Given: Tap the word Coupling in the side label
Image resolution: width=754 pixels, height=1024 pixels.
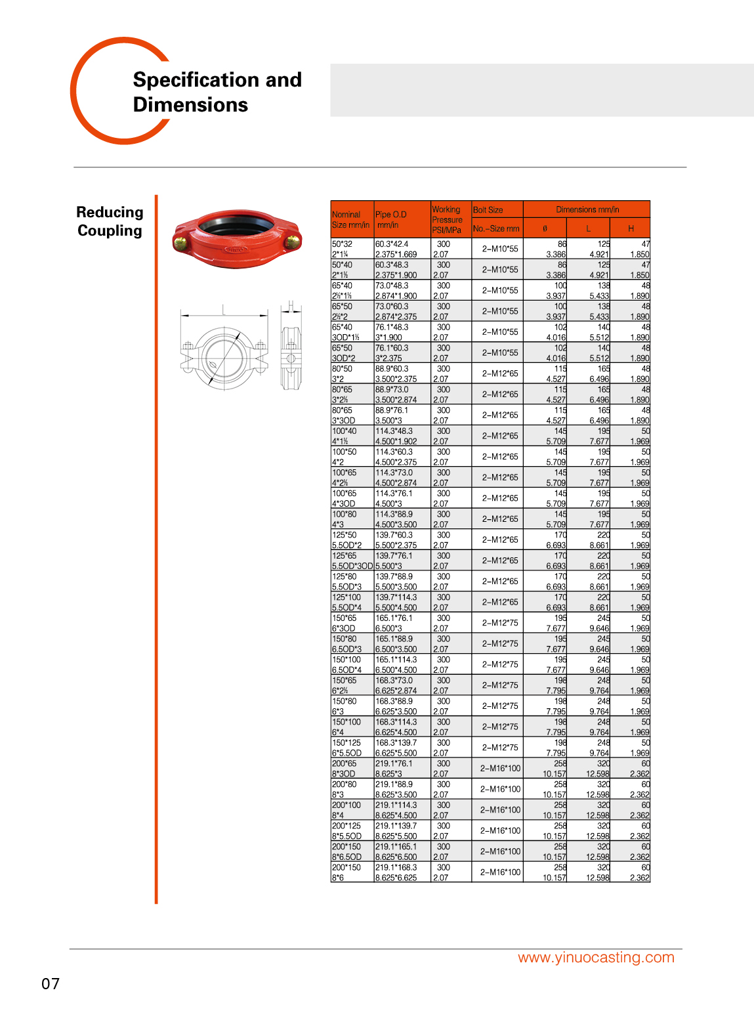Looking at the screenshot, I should click(x=110, y=231).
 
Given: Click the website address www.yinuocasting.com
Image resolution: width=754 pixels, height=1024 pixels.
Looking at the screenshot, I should click(x=596, y=957).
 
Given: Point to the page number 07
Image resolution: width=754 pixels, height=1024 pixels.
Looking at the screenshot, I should click(x=51, y=983).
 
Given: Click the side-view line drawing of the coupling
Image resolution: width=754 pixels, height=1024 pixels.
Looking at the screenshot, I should click(x=291, y=347).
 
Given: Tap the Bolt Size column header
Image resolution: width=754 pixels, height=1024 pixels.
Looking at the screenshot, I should click(x=488, y=210).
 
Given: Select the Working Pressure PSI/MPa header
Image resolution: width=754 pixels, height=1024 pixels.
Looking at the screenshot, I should click(x=448, y=220).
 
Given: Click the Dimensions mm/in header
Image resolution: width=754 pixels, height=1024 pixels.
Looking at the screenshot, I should click(x=587, y=209).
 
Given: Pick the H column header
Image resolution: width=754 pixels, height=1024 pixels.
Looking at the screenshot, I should click(x=631, y=228).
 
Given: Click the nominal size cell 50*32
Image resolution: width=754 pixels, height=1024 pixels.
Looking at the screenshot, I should click(x=342, y=244).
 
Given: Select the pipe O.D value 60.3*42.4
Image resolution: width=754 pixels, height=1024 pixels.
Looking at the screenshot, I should click(x=392, y=244).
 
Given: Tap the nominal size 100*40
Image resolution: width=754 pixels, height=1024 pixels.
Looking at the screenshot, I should click(x=345, y=431).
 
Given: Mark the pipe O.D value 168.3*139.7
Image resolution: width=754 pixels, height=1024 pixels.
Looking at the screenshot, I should click(x=396, y=743).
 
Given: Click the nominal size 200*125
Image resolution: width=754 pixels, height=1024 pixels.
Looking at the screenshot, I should click(x=346, y=826).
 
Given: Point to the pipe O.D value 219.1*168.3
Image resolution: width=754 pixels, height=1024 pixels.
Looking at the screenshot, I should click(x=396, y=868).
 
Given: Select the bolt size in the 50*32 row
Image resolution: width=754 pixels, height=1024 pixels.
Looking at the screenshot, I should click(x=500, y=249).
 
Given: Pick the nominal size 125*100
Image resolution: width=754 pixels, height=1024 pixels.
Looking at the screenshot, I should click(x=346, y=597).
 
